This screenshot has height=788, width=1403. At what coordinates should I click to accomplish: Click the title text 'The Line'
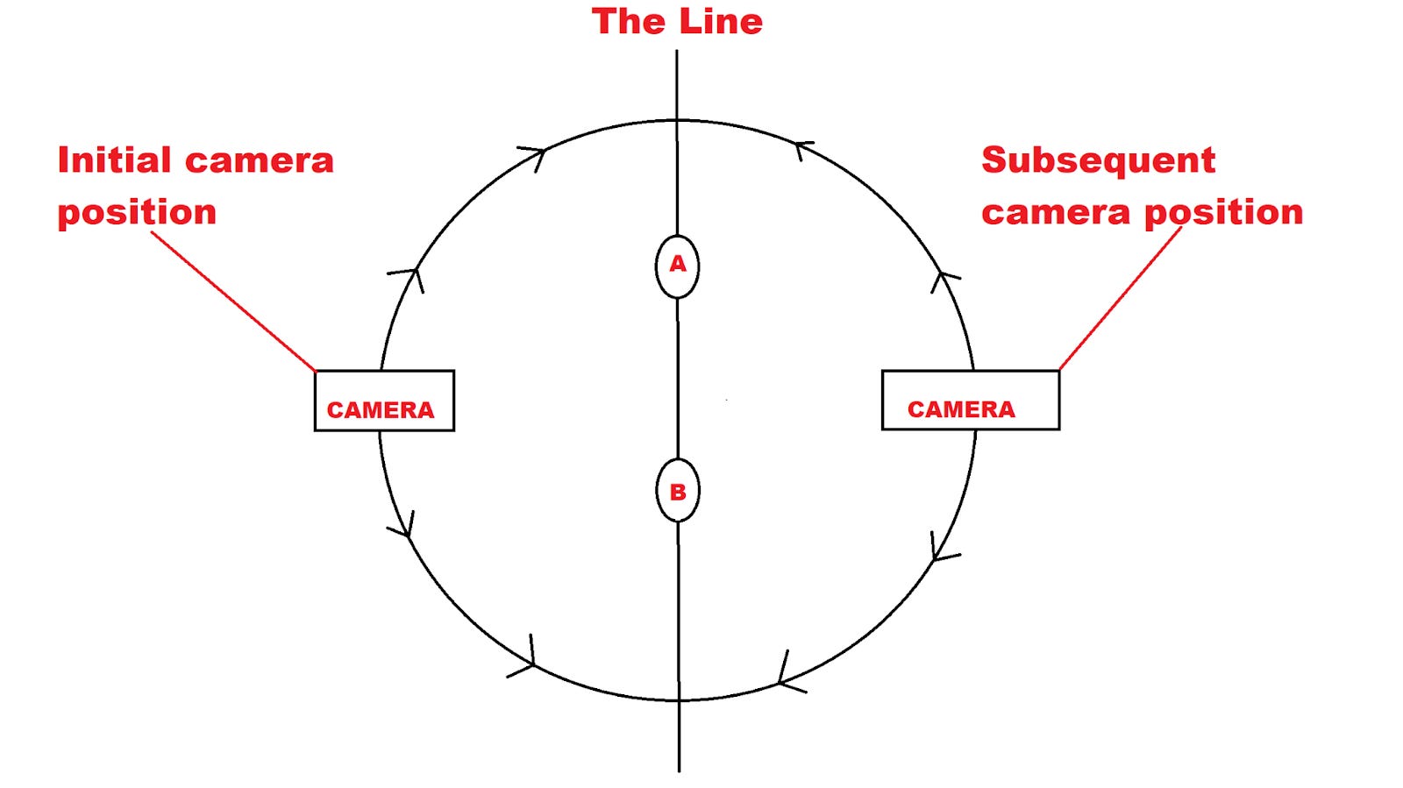[x=677, y=22]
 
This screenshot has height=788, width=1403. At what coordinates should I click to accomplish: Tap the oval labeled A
[x=677, y=266]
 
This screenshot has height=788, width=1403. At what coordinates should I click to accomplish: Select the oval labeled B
[x=678, y=491]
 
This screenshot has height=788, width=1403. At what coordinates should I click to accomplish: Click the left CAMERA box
[x=384, y=401]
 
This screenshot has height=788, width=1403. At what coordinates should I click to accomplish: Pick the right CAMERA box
[x=970, y=400]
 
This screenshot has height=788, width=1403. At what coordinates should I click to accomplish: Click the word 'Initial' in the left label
[x=114, y=160]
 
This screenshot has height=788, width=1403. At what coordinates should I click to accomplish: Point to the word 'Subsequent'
[x=1098, y=160]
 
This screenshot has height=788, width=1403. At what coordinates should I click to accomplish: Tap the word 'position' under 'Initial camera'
[x=137, y=213]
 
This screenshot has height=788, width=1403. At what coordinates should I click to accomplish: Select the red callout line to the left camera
[x=233, y=301]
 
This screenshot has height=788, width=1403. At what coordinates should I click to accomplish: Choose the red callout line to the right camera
[x=1121, y=298]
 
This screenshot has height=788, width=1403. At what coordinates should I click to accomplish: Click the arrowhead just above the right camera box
[x=944, y=279]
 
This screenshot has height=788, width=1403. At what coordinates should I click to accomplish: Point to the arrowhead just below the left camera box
[x=404, y=526]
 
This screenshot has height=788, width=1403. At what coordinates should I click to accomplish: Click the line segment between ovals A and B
[x=678, y=377]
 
